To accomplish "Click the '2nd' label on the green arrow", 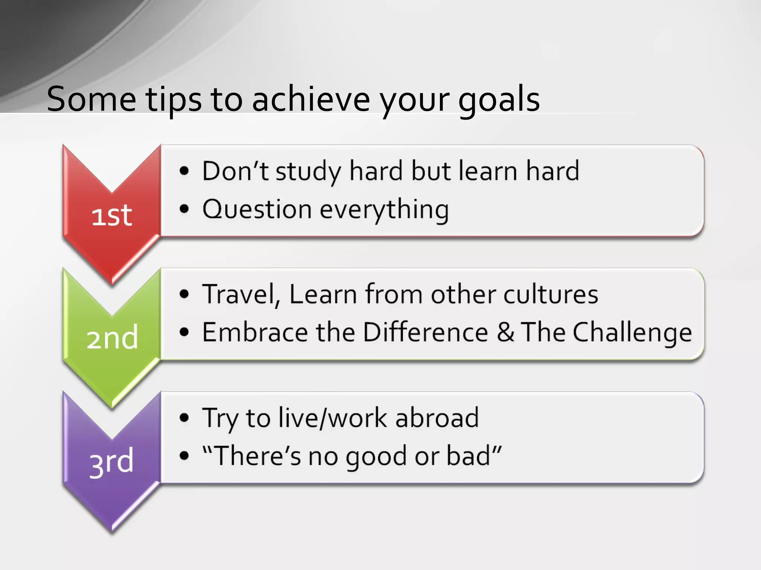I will coord(112,338).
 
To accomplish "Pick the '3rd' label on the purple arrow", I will coord(111,462).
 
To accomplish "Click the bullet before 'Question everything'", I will coord(184,209).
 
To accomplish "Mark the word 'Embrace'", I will coord(255,332).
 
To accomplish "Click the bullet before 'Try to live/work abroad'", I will coord(184,417).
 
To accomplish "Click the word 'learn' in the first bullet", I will coord(488,171).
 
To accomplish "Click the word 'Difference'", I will coord(425,332).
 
